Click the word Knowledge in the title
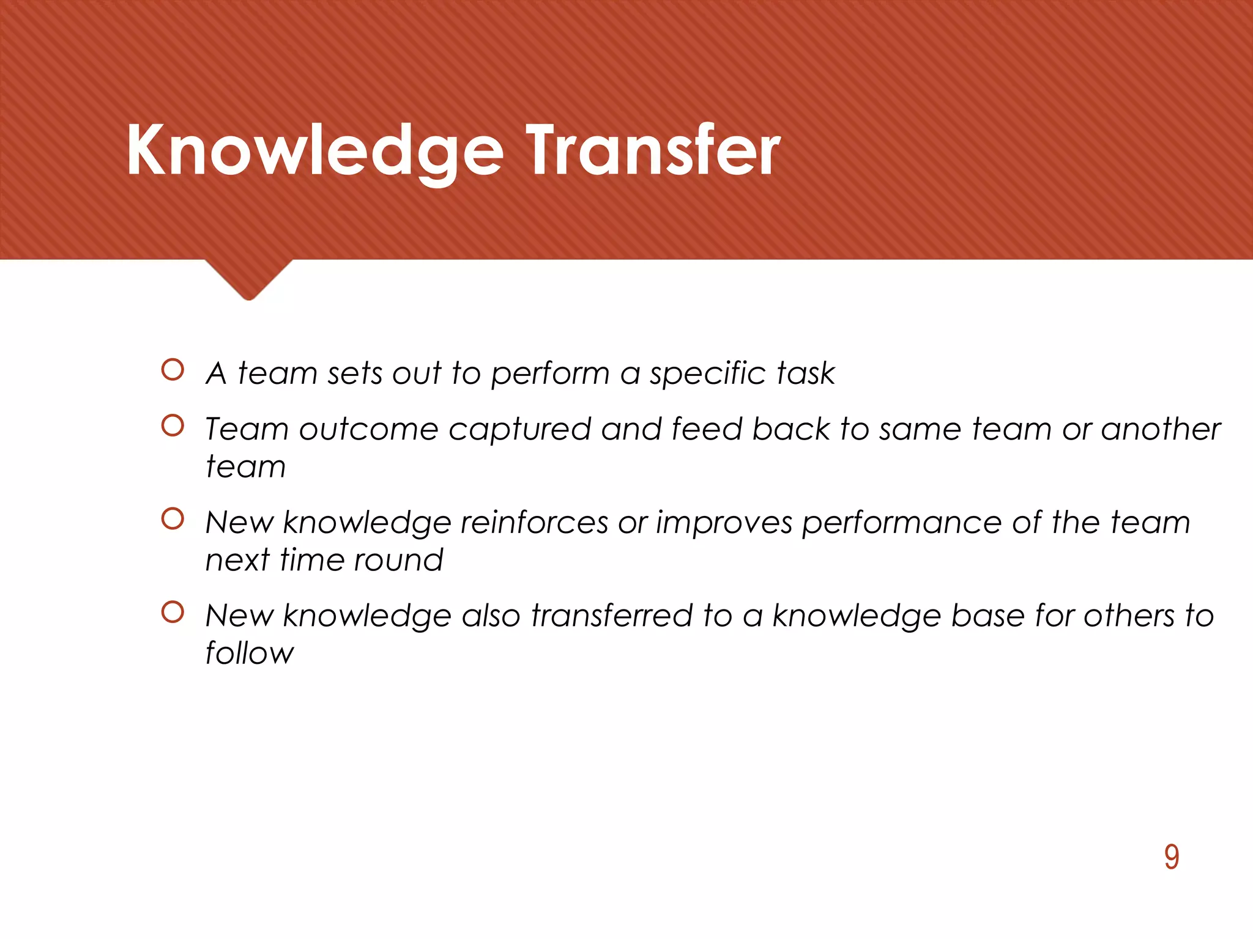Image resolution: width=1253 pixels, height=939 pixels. [x=315, y=151]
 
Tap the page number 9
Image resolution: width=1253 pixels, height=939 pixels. [x=1171, y=857]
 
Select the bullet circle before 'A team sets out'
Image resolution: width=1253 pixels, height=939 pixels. [x=173, y=370]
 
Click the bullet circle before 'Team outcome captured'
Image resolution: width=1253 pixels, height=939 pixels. [x=173, y=426]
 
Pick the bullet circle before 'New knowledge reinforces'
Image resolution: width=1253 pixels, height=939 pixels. [x=173, y=519]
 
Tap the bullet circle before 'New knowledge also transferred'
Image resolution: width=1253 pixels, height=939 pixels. [x=173, y=612]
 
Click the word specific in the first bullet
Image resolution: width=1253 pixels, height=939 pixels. [x=708, y=374]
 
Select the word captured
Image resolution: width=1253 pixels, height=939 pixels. [x=519, y=430]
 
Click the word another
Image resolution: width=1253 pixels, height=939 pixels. [x=1161, y=430]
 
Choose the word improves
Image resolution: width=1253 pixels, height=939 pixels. [x=724, y=524]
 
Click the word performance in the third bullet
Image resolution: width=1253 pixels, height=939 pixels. [x=901, y=524]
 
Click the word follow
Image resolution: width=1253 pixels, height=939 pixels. [x=249, y=654]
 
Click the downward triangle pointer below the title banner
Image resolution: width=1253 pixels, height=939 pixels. [x=248, y=278]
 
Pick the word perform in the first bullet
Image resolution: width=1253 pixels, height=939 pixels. [x=550, y=374]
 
